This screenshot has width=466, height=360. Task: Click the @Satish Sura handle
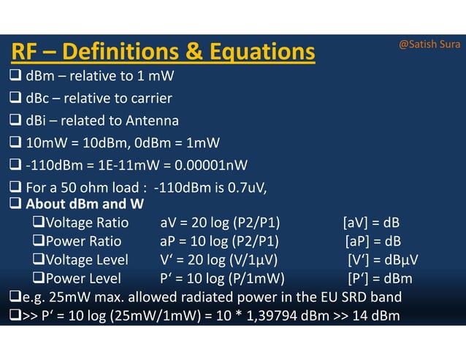[429, 45]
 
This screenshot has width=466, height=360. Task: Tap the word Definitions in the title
[129, 53]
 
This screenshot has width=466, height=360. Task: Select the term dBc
[38, 99]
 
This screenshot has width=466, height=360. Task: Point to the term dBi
[37, 120]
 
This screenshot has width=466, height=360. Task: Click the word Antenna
[150, 120]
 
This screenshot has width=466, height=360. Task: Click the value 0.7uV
[243, 187]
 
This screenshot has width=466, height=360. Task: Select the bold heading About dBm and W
[84, 204]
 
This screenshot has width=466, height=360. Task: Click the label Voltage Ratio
[86, 223]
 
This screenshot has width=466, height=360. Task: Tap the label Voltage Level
[86, 260]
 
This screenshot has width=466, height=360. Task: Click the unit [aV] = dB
[370, 223]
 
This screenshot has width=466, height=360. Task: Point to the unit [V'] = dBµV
[382, 260]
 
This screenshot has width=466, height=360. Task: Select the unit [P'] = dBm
[379, 278]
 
